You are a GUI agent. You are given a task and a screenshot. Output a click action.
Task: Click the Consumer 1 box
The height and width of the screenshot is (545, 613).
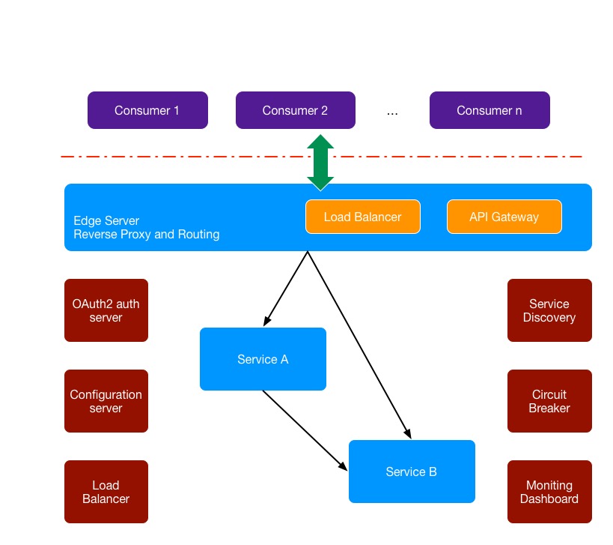(147, 110)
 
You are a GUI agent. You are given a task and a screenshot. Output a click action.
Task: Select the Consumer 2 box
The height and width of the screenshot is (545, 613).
(295, 110)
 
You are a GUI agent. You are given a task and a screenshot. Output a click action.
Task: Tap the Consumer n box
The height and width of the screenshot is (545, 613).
(490, 110)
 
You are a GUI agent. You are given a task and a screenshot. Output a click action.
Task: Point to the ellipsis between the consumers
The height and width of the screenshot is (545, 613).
(392, 112)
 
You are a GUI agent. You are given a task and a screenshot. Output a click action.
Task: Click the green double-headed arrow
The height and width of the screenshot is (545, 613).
(320, 163)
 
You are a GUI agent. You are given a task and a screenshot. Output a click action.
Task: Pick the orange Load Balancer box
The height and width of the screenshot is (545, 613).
(362, 217)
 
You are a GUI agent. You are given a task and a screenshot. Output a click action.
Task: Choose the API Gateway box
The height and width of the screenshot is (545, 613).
(504, 217)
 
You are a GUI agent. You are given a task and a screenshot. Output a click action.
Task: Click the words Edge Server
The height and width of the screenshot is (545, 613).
(106, 221)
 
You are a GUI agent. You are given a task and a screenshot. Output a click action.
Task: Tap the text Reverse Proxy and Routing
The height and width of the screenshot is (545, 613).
(147, 234)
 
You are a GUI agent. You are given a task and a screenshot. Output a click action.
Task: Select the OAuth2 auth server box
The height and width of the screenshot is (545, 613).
(106, 310)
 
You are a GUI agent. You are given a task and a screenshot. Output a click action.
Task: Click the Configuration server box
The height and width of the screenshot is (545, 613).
(106, 401)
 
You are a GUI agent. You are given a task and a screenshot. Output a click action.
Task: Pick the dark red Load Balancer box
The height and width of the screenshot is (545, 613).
(106, 492)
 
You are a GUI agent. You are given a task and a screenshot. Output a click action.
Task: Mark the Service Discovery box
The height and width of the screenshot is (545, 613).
(549, 310)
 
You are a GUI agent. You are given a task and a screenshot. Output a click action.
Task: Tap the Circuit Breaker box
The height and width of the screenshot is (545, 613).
(549, 401)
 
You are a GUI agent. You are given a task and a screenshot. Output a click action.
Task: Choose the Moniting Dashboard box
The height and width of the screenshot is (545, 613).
(549, 492)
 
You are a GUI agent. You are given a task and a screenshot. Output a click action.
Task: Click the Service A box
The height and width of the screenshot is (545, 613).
(263, 359)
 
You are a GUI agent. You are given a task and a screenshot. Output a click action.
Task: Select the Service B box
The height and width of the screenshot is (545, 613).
(412, 472)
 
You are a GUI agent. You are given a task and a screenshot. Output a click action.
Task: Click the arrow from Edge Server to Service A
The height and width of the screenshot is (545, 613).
(286, 289)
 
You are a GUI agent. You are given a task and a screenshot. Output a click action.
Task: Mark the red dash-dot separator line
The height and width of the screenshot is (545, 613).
(187, 157)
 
